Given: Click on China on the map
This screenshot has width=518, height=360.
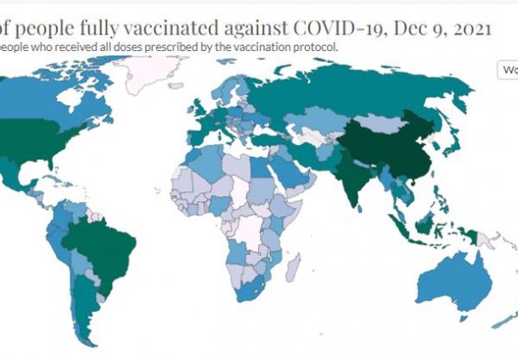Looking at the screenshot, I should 384,142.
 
